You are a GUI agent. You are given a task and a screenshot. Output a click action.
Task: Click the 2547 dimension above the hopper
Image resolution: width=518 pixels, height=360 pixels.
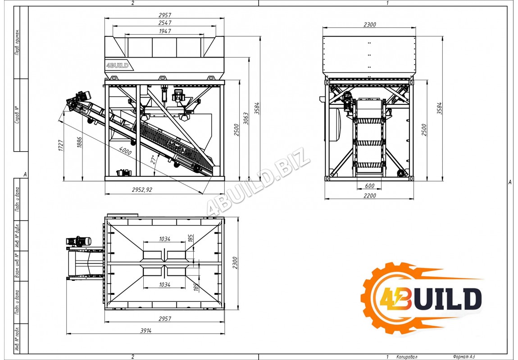[164, 23]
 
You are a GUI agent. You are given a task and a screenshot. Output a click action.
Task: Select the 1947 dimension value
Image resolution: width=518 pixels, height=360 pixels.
[164, 31]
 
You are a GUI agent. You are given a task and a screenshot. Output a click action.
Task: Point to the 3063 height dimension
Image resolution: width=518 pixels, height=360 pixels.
[246, 119]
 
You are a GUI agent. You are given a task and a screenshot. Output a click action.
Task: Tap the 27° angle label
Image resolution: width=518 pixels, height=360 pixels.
[153, 160]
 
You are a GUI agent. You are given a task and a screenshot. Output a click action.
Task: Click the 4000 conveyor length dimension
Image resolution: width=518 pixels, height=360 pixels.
[125, 151]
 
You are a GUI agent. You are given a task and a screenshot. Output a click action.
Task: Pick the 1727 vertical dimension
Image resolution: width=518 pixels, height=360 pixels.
[61, 145]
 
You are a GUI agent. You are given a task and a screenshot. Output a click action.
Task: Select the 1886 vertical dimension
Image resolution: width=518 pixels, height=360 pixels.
[79, 143]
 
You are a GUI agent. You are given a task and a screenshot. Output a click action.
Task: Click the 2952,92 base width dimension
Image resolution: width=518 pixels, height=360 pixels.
[142, 190]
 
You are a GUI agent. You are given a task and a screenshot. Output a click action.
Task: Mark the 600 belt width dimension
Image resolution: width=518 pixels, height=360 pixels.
[369, 186]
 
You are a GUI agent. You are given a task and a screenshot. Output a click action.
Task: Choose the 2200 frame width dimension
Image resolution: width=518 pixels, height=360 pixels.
[369, 196]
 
